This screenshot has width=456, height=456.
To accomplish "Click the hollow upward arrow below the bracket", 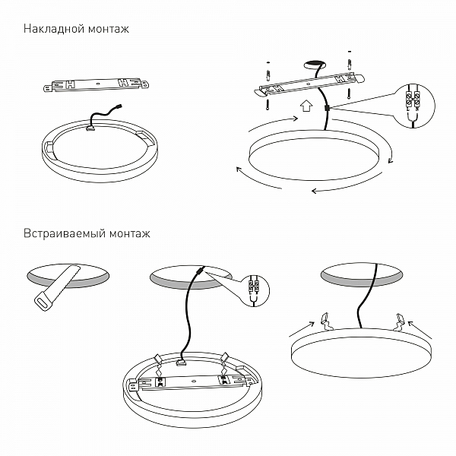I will (306, 107).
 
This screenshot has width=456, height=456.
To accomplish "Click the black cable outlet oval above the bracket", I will (312, 67).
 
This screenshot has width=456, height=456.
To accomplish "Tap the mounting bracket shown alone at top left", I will (96, 84).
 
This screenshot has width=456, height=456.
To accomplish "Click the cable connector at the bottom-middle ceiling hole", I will (200, 271).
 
